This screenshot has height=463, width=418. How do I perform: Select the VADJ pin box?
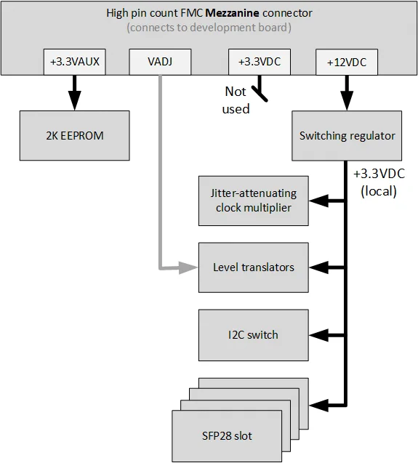click(159, 63)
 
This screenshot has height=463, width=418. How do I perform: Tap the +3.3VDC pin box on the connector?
click(260, 63)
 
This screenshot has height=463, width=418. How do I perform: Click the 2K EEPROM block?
click(73, 135)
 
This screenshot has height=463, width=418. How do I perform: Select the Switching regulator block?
click(347, 135)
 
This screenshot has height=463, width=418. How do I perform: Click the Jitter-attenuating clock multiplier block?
click(253, 201)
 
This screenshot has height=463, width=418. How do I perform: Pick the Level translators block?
click(253, 267)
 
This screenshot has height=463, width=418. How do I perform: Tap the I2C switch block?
click(253, 335)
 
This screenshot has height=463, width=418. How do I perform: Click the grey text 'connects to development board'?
click(208, 28)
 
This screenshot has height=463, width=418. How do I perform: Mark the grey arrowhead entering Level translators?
click(192, 267)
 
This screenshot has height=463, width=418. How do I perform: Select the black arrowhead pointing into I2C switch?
click(315, 335)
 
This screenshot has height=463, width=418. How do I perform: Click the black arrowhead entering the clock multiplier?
click(315, 201)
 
